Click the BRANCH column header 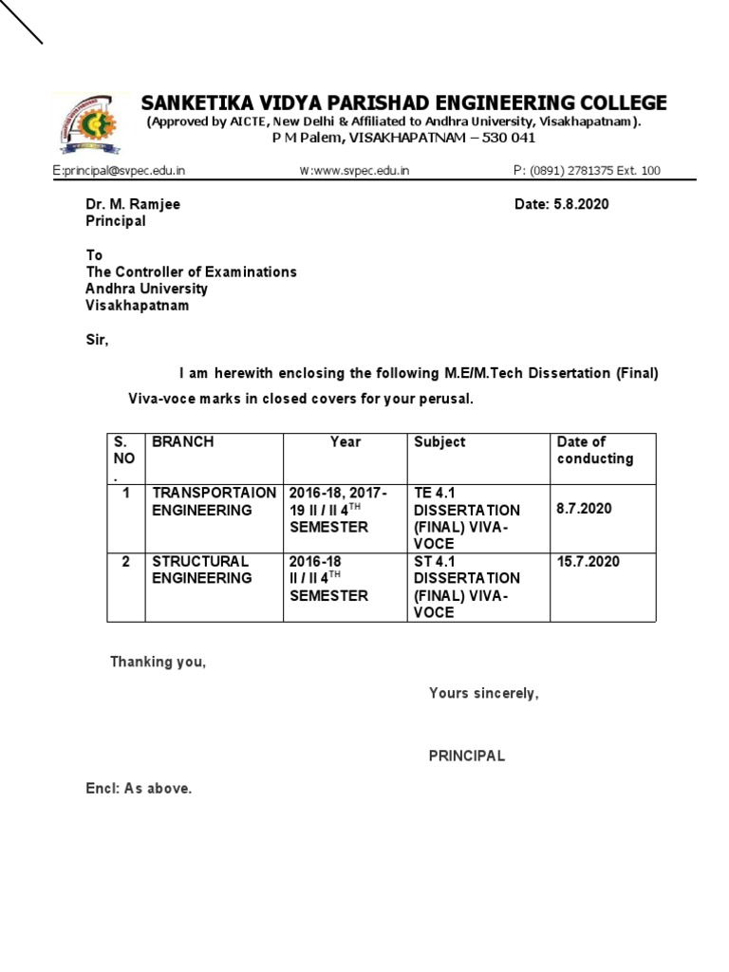click(182, 442)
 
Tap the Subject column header click(439, 442)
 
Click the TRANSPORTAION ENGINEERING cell click(214, 501)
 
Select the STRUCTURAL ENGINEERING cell click(202, 570)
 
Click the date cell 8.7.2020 click(585, 509)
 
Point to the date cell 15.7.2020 click(589, 562)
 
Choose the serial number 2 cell click(125, 562)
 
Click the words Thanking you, click(158, 662)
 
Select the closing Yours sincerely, click(483, 693)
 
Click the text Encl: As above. click(139, 789)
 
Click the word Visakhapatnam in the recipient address click(137, 306)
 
